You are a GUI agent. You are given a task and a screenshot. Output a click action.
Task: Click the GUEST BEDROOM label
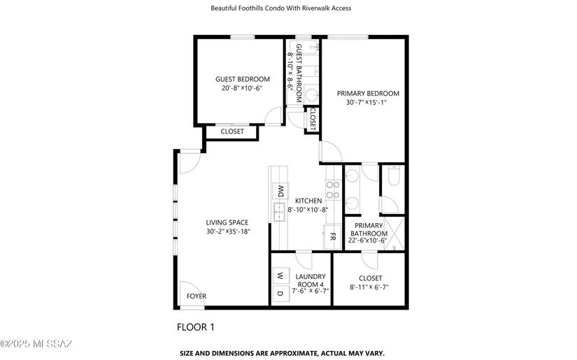click(243, 79)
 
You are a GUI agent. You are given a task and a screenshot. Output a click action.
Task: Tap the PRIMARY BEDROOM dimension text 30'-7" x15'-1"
click(366, 102)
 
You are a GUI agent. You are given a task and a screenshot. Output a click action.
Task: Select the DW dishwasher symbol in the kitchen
click(280, 191)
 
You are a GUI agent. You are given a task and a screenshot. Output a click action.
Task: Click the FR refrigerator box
click(332, 237)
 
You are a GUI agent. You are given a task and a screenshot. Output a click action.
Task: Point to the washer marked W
click(280, 275)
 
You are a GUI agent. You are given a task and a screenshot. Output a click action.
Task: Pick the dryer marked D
click(280, 294)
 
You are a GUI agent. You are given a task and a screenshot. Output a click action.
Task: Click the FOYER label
click(196, 296)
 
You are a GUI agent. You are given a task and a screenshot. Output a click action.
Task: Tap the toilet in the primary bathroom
click(393, 175)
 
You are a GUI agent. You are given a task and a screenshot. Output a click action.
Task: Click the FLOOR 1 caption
click(195, 327)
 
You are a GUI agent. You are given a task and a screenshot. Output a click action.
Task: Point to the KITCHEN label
click(308, 201)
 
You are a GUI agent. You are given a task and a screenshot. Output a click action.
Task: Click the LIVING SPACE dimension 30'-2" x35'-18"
click(228, 231)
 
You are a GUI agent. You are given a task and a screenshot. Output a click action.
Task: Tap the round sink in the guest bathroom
click(312, 95)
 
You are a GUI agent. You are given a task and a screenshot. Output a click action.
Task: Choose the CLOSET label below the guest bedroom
click(232, 131)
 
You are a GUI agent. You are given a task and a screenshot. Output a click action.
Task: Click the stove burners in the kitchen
click(333, 189)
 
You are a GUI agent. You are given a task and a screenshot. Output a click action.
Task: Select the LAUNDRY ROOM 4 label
click(311, 280)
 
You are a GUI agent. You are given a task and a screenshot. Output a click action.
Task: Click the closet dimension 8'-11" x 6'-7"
click(369, 287)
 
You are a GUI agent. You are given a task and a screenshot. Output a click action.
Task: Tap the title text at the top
click(280, 8)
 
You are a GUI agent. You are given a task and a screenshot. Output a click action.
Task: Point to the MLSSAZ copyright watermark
click(36, 344)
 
